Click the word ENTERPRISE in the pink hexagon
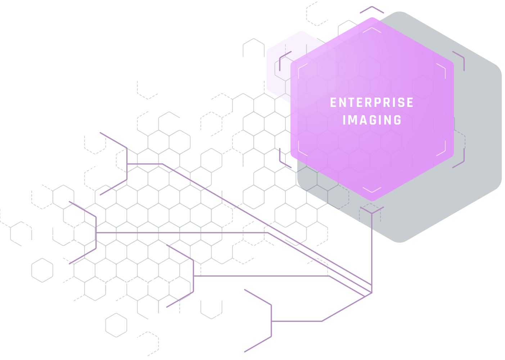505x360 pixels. tap(371, 103)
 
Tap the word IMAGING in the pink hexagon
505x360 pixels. tap(372, 120)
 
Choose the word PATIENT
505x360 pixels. tap(34, 239)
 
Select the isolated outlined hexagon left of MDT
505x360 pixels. tap(42, 270)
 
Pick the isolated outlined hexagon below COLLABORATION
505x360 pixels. tap(116, 325)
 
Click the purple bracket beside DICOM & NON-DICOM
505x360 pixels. tap(271, 321)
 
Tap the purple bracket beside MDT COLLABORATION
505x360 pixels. tap(193, 276)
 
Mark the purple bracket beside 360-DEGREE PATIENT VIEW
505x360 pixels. tap(96, 233)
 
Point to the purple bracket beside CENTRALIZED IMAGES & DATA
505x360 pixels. tap(127, 164)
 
